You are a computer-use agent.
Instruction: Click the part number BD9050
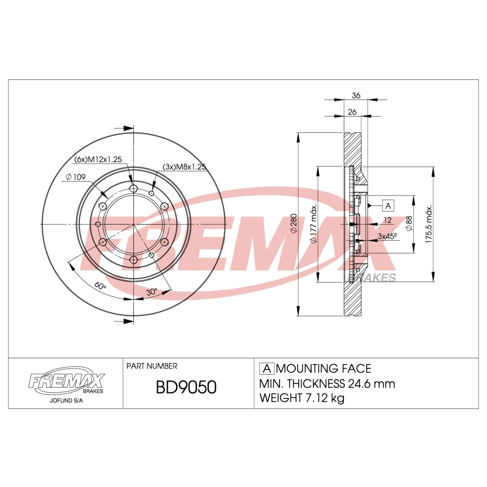coord(186,388)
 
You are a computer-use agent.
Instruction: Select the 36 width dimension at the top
coord(356,96)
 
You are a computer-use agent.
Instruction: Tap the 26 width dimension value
coord(352,112)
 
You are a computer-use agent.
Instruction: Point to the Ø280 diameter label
coord(293,224)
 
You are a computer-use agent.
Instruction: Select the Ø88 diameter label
coord(409,224)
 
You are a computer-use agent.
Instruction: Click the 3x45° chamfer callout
coord(387,236)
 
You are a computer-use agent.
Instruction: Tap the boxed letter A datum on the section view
coord(388,205)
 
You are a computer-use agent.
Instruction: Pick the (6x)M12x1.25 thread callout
coord(98,159)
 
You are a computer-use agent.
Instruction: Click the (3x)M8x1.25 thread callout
coord(184,166)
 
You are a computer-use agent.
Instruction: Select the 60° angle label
coord(99,285)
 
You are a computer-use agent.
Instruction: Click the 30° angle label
coord(152,292)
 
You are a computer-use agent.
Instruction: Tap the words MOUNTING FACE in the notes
coord(323,369)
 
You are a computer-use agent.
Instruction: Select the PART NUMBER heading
coord(152,366)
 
